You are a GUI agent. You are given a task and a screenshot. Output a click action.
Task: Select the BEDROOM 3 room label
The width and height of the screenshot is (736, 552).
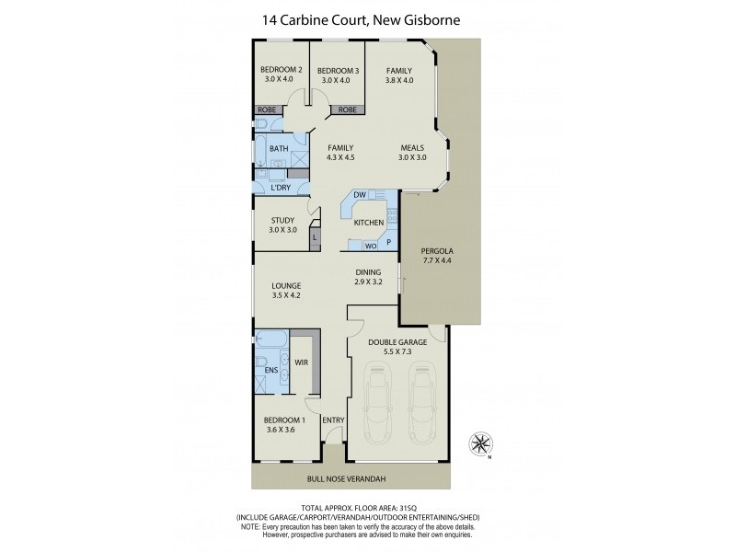pyautogui.click(x=337, y=71)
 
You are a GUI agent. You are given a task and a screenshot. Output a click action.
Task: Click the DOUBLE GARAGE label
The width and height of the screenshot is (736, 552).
pyautogui.click(x=397, y=341)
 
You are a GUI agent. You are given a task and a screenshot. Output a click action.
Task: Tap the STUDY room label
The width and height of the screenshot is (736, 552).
pyautogui.click(x=282, y=220)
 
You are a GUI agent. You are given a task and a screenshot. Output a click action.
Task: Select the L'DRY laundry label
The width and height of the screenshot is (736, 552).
pyautogui.click(x=281, y=188)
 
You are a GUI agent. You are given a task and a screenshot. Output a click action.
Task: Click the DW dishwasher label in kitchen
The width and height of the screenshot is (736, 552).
pyautogui.click(x=360, y=195)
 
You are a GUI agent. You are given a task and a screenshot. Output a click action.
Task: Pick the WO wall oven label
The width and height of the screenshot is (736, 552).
pyautogui.click(x=370, y=247)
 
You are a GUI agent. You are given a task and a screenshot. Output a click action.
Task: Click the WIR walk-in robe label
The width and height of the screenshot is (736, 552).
pyautogui.click(x=301, y=362)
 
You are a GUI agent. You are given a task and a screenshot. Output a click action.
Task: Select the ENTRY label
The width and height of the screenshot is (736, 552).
pyautogui.click(x=333, y=420)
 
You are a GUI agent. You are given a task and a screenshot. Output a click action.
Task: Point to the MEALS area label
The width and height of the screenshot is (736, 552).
pyautogui.click(x=412, y=147)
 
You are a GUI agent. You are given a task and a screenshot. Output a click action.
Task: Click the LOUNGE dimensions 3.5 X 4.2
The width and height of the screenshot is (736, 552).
pyautogui.click(x=286, y=296)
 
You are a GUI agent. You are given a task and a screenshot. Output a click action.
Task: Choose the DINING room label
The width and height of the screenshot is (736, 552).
pyautogui.click(x=369, y=272)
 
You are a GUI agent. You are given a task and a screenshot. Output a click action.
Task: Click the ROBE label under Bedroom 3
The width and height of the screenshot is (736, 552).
pyautogui.click(x=347, y=109)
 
